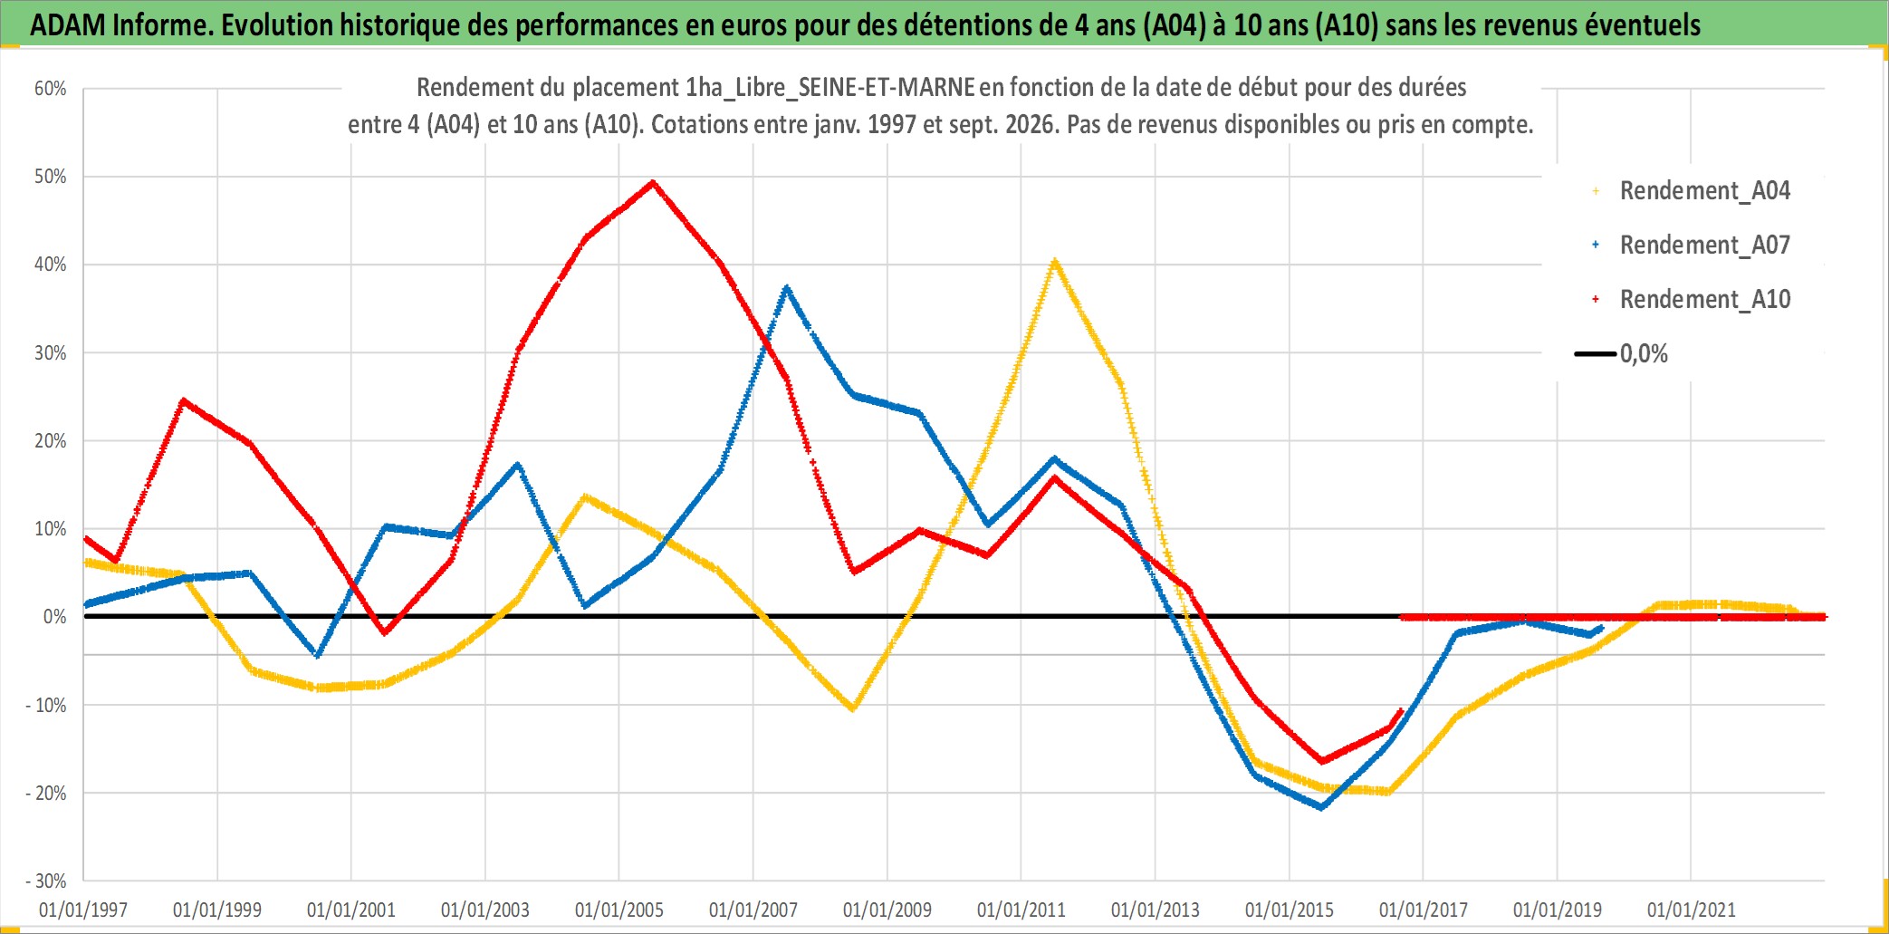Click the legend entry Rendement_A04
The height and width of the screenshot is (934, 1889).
(1691, 191)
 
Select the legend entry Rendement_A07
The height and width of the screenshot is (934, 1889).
(1691, 246)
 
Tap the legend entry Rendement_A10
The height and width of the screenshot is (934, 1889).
(1691, 300)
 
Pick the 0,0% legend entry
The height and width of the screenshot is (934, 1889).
(1621, 353)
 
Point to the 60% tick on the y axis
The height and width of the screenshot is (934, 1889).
(51, 89)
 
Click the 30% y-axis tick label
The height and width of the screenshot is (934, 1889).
(51, 353)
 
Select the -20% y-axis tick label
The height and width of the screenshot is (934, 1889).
(46, 794)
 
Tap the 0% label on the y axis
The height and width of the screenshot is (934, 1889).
(55, 617)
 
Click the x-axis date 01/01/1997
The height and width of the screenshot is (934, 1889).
(83, 910)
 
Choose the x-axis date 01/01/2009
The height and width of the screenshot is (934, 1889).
(887, 910)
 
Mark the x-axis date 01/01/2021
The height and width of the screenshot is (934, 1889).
(1692, 910)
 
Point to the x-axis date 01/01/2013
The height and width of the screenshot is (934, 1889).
(1155, 910)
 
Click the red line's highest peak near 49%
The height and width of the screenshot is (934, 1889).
(653, 182)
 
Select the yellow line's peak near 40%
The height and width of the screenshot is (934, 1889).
(1054, 262)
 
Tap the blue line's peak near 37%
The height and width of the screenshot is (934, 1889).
(787, 288)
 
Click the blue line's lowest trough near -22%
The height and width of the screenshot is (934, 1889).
(1322, 807)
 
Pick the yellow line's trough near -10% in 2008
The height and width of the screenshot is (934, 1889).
(853, 708)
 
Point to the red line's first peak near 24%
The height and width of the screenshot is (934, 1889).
(183, 400)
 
